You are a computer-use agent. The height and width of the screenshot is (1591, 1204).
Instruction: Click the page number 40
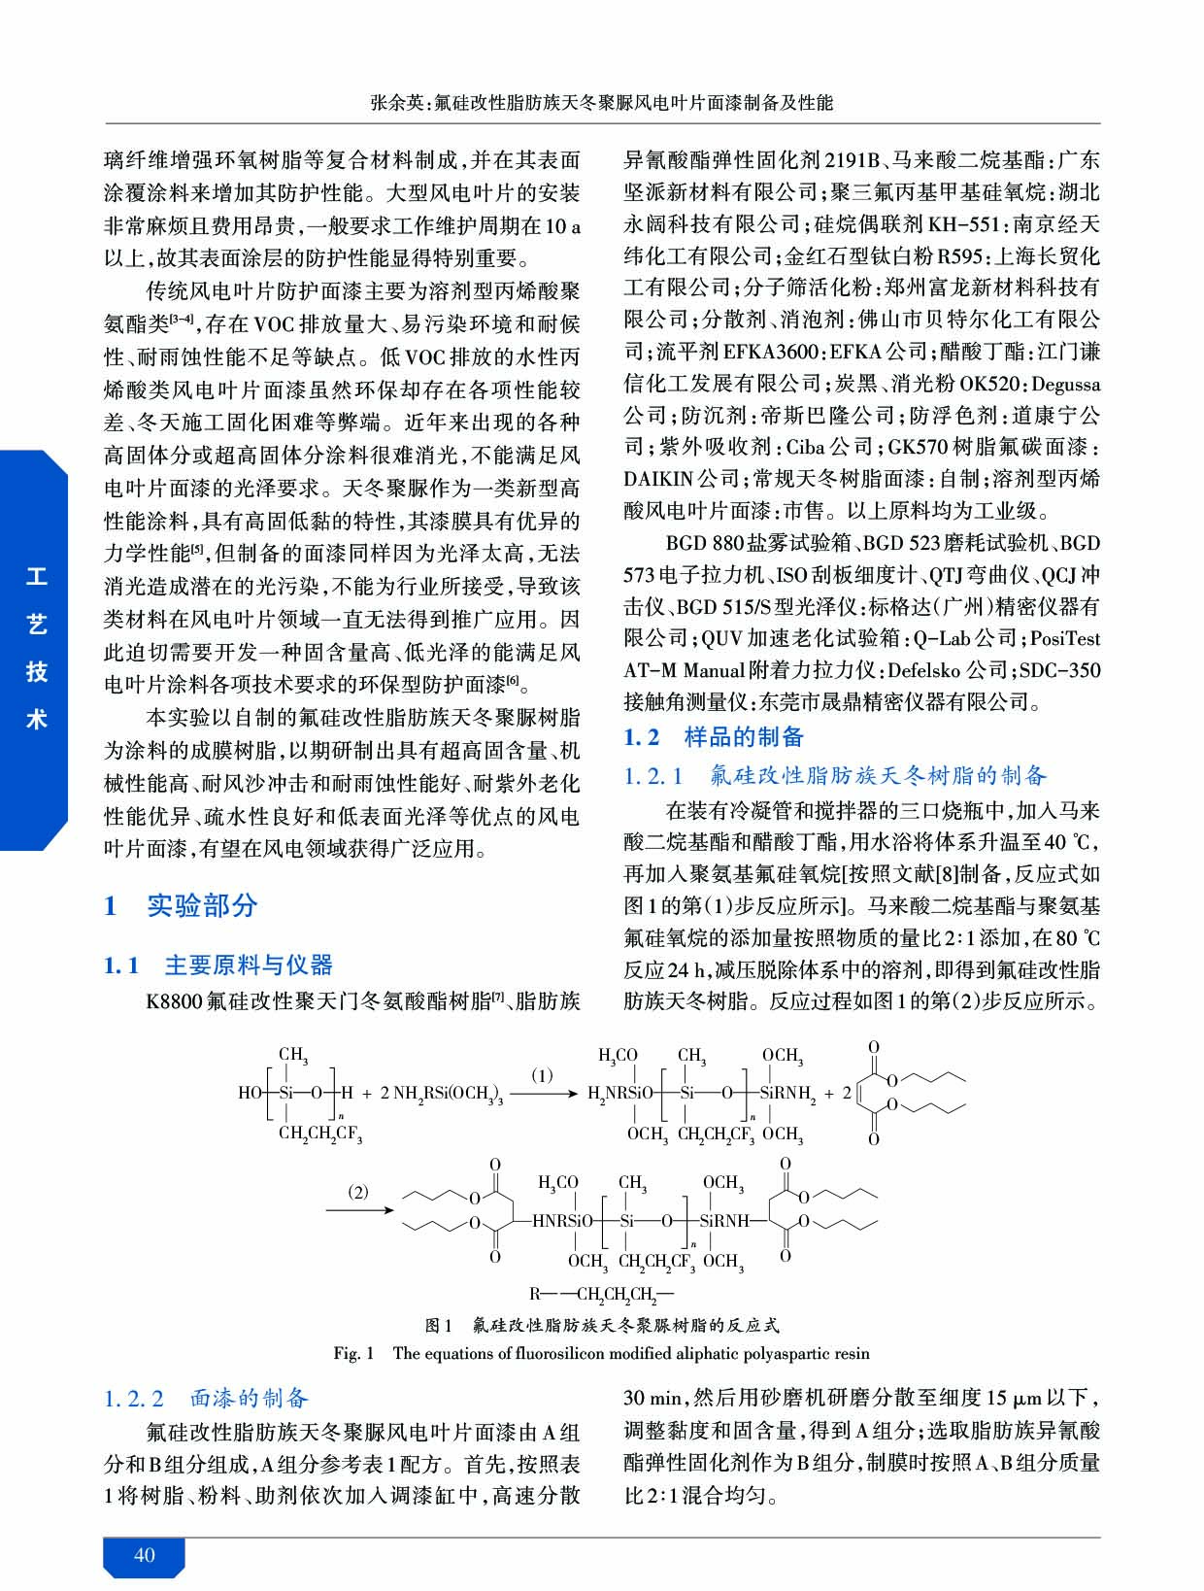coord(144,1555)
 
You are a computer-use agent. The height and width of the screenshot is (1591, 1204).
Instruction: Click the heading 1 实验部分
coord(181,905)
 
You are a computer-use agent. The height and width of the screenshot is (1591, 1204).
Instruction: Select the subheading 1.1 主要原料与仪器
coord(218,965)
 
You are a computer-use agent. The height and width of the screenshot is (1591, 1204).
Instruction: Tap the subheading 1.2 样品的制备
coord(714,737)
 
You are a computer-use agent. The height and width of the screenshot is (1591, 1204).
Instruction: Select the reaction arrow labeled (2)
coord(358,1209)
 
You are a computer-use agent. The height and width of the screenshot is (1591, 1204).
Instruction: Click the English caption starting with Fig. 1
coord(601,1353)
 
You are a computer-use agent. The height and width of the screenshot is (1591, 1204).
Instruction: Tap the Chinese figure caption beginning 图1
coord(602,1325)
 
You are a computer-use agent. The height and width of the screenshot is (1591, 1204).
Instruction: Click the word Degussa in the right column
coord(1065,384)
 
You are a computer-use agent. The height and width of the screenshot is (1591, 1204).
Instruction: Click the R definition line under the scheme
coord(601,1294)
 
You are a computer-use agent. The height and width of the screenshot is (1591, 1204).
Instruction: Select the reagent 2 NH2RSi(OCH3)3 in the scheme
coord(442,1094)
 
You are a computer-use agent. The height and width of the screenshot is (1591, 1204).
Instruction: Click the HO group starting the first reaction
coord(249,1093)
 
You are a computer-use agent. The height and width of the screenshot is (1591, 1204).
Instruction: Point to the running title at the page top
coord(601,102)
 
